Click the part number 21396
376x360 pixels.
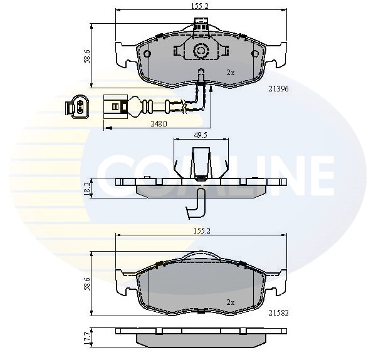[278, 89]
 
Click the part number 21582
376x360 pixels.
[278, 313]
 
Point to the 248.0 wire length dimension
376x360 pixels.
[159, 124]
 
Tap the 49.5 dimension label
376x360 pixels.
[201, 135]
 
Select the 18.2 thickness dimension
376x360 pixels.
[87, 188]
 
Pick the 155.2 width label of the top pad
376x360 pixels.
[200, 6]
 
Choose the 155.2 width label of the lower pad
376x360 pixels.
[201, 231]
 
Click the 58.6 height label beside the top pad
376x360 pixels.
[87, 56]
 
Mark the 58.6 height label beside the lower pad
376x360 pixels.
[87, 284]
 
